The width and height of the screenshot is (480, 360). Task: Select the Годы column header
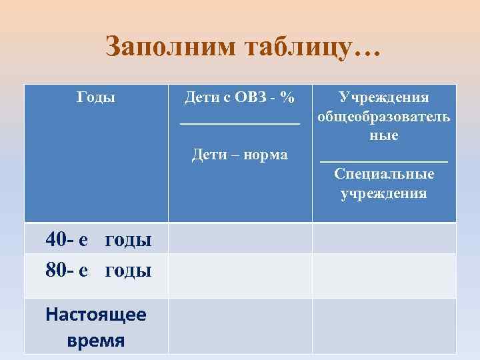click(96, 97)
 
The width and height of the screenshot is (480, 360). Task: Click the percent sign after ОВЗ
click(287, 97)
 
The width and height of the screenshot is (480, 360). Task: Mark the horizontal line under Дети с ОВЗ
click(240, 122)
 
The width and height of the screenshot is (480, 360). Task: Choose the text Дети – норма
click(240, 155)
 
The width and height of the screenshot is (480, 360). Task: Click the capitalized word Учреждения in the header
click(384, 97)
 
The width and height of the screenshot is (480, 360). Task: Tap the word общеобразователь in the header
click(384, 117)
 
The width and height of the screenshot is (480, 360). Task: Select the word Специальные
click(384, 174)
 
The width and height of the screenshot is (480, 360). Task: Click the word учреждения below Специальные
click(384, 193)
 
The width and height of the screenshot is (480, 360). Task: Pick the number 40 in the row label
click(56, 239)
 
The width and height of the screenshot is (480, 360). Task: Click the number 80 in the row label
click(56, 271)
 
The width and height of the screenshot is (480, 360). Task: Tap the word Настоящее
click(96, 314)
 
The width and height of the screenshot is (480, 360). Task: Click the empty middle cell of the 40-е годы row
click(240, 238)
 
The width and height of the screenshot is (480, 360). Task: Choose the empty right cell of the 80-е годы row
click(384, 275)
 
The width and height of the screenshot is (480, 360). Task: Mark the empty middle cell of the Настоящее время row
click(240, 326)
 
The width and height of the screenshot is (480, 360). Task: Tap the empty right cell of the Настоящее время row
click(384, 326)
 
